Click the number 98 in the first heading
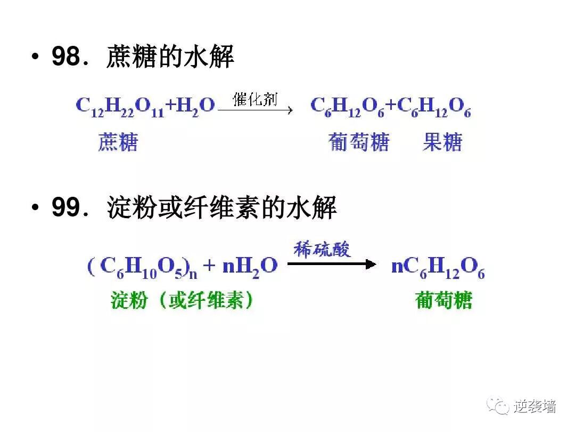point(65,57)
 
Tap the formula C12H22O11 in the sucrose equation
point(120,106)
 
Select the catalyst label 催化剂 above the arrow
point(255,99)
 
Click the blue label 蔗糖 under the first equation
point(118,142)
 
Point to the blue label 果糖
point(442,142)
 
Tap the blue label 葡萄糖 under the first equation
point(359,142)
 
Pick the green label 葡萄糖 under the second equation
point(443,301)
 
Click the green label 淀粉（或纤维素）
point(183,301)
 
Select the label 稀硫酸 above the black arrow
point(323,250)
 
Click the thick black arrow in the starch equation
point(332,264)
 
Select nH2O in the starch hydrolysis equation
point(250,266)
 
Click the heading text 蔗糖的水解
point(170,57)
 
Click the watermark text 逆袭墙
point(535,407)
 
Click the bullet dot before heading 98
point(35,57)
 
